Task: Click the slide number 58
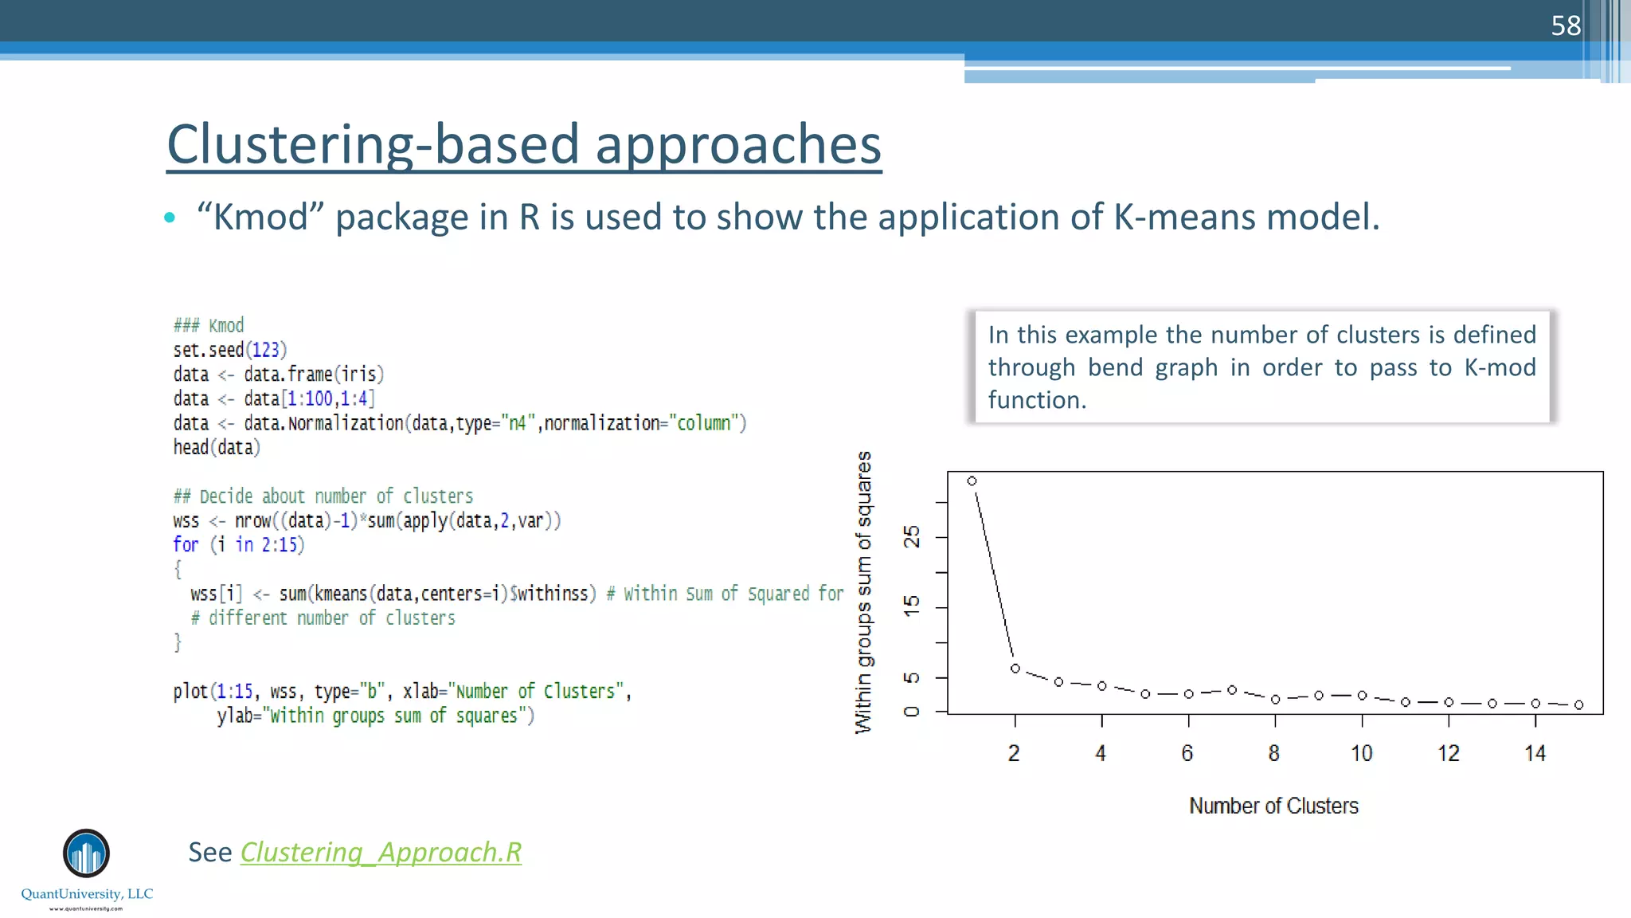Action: pos(1565,26)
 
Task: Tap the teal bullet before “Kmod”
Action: pos(169,218)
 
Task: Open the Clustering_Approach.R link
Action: pos(381,853)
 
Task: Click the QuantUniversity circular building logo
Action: pos(86,853)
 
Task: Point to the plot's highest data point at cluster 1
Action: pos(972,481)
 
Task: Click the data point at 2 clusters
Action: pos(1015,669)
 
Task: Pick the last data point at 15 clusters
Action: pos(1578,704)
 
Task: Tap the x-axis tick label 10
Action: pos(1362,753)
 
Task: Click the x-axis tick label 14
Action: pos(1535,753)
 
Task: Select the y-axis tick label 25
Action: pos(912,537)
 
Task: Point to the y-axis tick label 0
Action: pos(912,711)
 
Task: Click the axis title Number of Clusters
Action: pos(1273,806)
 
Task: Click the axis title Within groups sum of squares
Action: pos(863,592)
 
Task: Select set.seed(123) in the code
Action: pos(230,350)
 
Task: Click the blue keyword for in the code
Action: pos(186,545)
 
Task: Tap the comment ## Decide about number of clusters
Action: pos(323,496)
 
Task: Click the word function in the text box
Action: pos(1036,400)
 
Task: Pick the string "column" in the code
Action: pos(704,423)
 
